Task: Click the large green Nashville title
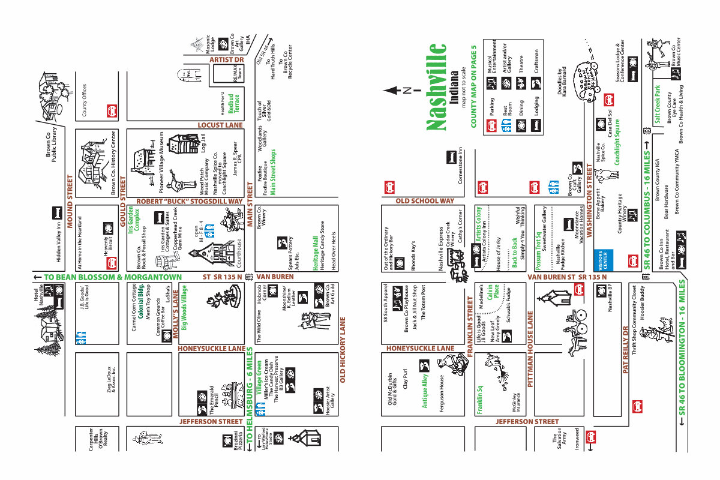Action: coord(436,86)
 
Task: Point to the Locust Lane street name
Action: coord(220,125)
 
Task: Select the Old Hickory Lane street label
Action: coord(343,350)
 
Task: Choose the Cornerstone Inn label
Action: coord(461,166)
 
